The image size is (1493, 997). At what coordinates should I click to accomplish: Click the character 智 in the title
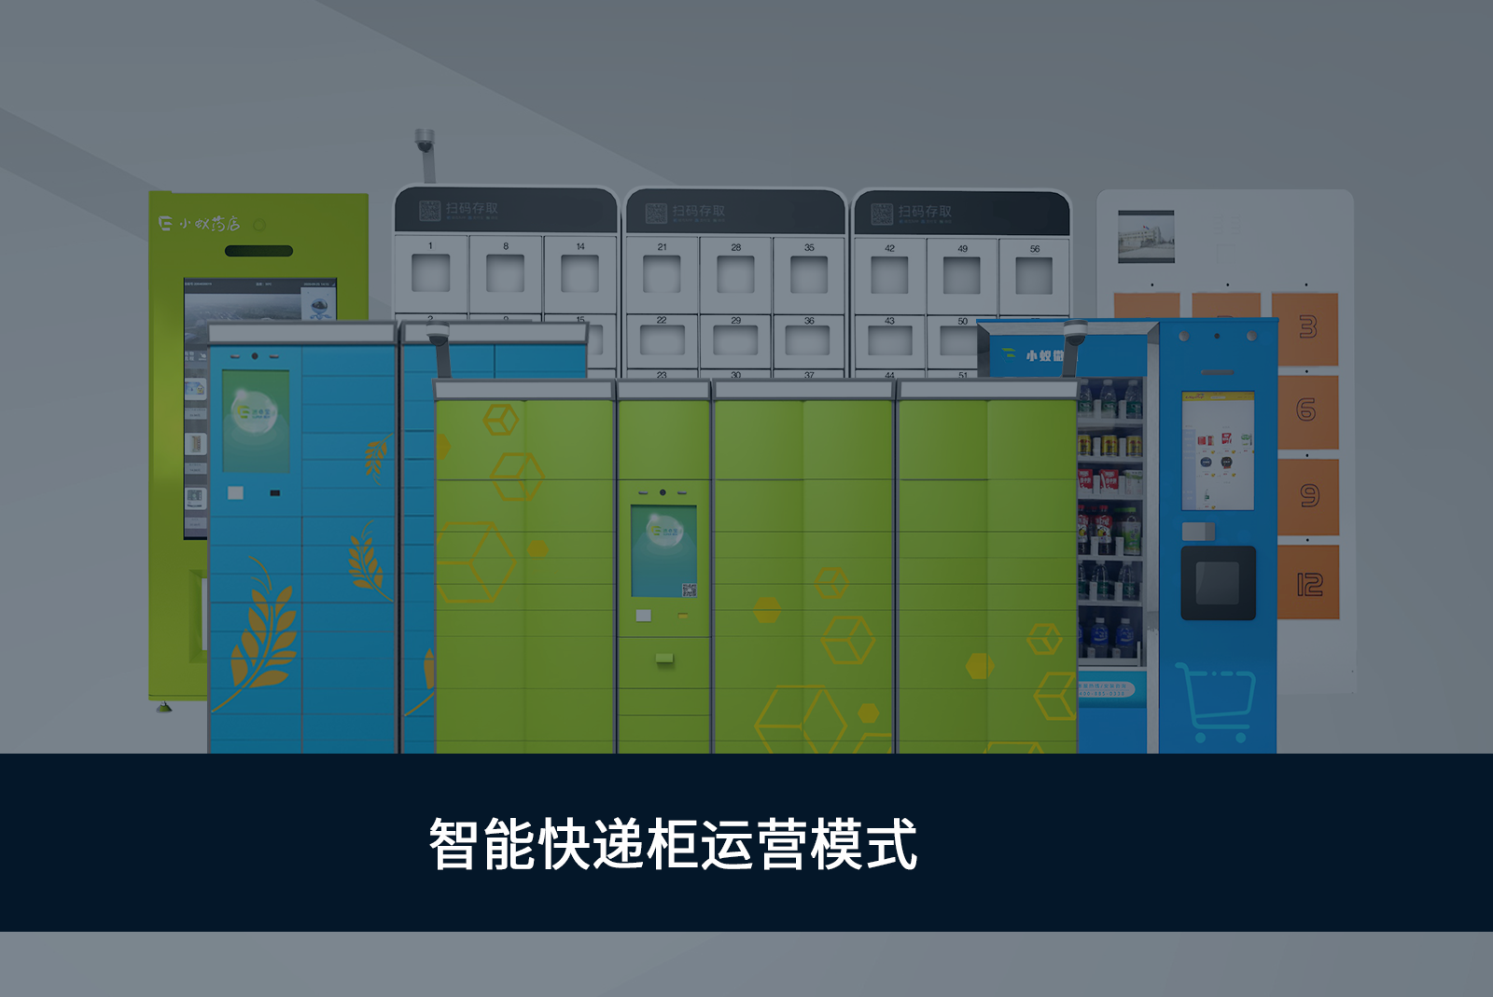pyautogui.click(x=454, y=845)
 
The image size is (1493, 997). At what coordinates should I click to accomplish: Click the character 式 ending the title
pyautogui.click(x=892, y=845)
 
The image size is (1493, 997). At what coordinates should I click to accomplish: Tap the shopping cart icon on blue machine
pyautogui.click(x=1215, y=701)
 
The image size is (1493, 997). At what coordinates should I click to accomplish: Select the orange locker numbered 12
pyautogui.click(x=1308, y=584)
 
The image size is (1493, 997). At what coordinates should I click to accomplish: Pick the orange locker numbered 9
pyautogui.click(x=1308, y=496)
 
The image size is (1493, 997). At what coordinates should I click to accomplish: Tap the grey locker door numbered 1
pyautogui.click(x=430, y=273)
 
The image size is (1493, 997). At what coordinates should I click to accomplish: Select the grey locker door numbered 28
pyautogui.click(x=735, y=273)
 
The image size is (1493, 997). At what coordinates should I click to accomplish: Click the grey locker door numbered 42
pyautogui.click(x=889, y=274)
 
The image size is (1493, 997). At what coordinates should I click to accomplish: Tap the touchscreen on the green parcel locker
pyautogui.click(x=663, y=550)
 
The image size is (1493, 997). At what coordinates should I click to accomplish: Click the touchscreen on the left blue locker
pyautogui.click(x=255, y=421)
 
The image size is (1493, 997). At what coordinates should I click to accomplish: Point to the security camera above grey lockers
pyautogui.click(x=425, y=143)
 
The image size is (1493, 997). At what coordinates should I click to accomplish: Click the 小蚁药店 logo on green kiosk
pyautogui.click(x=199, y=224)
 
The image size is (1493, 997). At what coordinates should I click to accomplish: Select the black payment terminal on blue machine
pyautogui.click(x=1218, y=583)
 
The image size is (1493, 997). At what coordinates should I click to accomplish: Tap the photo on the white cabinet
pyautogui.click(x=1146, y=236)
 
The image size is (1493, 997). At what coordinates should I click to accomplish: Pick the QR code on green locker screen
pyautogui.click(x=689, y=589)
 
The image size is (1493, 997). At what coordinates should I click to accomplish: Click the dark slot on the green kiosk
pyautogui.click(x=259, y=251)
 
